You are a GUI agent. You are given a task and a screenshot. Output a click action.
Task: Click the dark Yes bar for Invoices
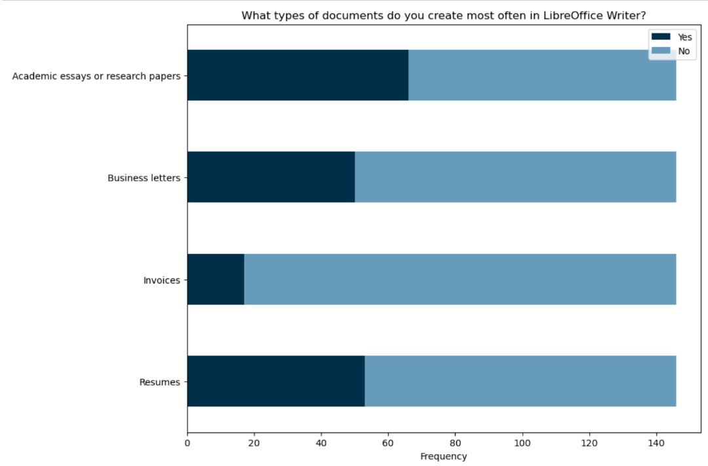tap(216, 279)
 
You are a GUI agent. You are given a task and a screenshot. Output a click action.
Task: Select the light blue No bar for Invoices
tap(460, 279)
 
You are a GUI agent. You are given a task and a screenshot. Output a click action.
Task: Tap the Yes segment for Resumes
tap(275, 381)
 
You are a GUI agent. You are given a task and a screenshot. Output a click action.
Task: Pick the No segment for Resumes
tap(520, 381)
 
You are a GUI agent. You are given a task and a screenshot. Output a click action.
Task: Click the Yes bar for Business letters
tap(271, 177)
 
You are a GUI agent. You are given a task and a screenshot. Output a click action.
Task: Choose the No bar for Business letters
tap(515, 177)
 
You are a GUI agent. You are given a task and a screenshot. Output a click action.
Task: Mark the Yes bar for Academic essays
tap(298, 75)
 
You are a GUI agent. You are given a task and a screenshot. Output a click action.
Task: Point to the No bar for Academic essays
tap(542, 75)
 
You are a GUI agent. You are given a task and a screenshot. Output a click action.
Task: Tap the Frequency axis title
tap(443, 456)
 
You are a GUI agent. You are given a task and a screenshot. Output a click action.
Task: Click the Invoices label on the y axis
tap(161, 280)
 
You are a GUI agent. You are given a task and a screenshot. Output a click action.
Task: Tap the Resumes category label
tap(159, 382)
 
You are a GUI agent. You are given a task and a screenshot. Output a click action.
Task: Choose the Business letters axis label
tap(144, 178)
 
